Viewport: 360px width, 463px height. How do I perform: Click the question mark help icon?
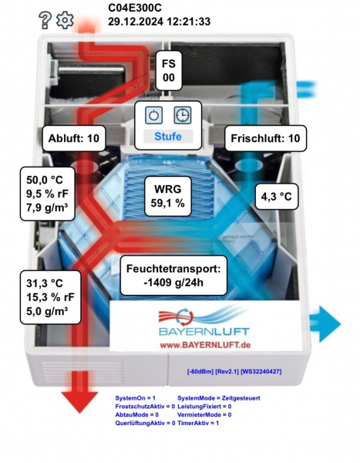(45, 20)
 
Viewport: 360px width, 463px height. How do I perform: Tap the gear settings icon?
(65, 20)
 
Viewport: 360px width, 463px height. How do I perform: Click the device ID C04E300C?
(135, 8)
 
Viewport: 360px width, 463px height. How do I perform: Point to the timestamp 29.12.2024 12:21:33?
(159, 22)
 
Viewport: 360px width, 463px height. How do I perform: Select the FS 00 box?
(169, 70)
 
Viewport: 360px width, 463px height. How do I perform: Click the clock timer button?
(183, 115)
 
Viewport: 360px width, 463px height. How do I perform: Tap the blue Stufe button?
(168, 137)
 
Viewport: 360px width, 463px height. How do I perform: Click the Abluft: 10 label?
(74, 138)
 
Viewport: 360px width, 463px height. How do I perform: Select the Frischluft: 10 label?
(265, 138)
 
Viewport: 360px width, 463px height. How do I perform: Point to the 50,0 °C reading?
(45, 180)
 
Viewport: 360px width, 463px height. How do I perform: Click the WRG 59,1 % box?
(168, 196)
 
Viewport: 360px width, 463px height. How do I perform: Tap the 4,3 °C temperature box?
(277, 197)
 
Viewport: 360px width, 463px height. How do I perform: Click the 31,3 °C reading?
(45, 283)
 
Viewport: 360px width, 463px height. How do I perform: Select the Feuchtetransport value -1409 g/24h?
(173, 282)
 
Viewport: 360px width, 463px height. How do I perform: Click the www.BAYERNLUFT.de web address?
(205, 345)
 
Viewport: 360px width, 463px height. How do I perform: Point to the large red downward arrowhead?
(79, 401)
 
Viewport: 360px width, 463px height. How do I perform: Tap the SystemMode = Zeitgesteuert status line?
(219, 398)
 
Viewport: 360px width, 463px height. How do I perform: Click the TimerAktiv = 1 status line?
(198, 423)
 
